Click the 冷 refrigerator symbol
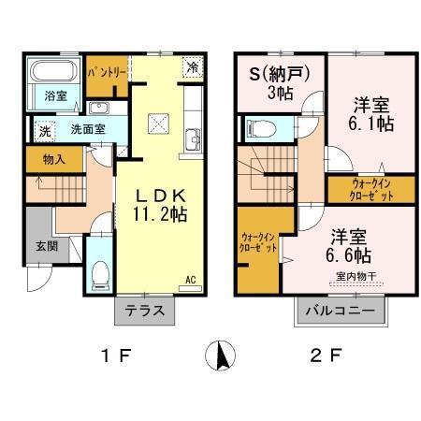[191, 67]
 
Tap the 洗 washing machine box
[43, 130]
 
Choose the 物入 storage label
[53, 160]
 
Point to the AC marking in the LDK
[190, 280]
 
